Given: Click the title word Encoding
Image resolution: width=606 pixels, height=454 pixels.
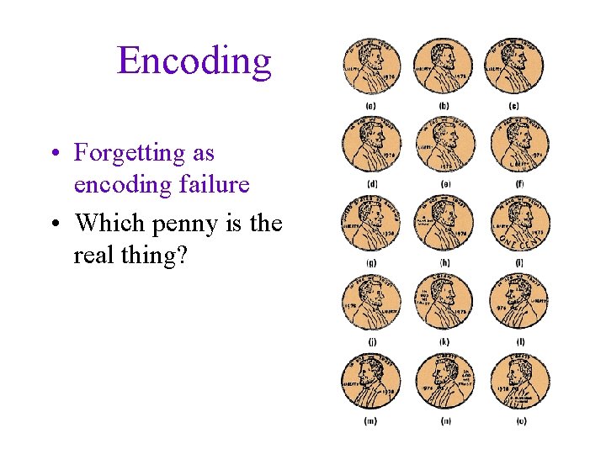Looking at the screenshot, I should coord(194,61).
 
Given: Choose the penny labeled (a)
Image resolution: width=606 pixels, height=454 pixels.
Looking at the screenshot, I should coord(371,66).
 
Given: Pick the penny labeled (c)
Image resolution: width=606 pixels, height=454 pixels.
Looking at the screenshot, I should coord(516,66).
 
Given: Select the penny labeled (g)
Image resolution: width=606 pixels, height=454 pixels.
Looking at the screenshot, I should coord(371,224).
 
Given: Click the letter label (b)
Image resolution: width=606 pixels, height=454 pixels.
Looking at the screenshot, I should coord(444,106).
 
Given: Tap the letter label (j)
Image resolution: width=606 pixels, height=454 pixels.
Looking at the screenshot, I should coord(371,342).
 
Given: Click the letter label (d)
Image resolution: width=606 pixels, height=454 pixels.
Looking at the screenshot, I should coord(371,184).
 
